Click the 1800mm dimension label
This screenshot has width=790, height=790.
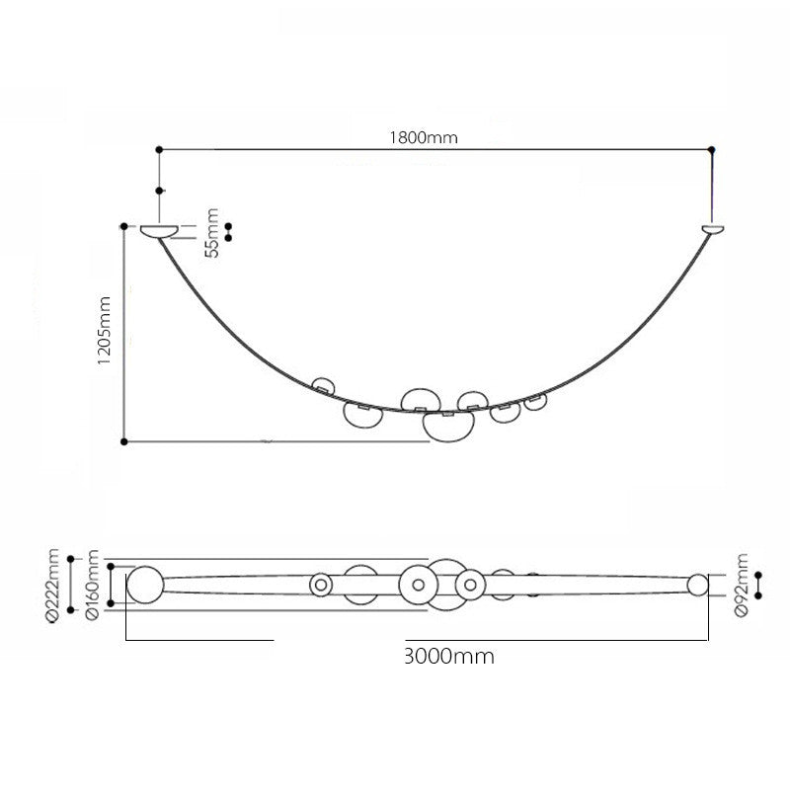(424, 137)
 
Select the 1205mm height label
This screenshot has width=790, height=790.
(105, 330)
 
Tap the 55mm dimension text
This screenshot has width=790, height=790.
(212, 233)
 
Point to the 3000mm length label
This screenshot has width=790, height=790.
(449, 657)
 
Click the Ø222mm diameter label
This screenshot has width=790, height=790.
(52, 587)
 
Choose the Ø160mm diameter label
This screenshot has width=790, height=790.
(92, 585)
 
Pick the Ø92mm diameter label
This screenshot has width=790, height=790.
(742, 585)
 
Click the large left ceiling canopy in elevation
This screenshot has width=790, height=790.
(159, 231)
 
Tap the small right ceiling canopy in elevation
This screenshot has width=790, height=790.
(713, 230)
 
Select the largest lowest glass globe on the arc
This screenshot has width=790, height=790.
(448, 427)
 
